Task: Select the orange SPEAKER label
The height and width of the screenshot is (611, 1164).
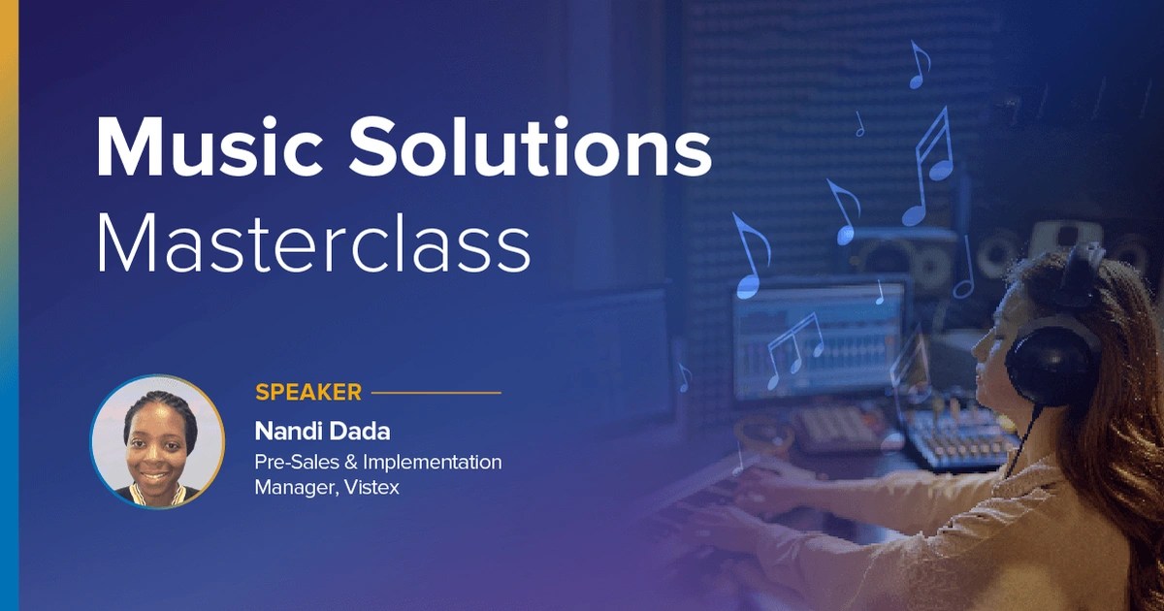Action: point(307,393)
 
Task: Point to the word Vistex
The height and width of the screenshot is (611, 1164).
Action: point(370,487)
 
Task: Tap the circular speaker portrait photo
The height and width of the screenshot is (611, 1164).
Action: point(157,442)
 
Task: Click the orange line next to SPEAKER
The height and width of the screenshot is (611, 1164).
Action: point(436,393)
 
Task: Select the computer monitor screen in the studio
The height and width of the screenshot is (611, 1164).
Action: point(820,339)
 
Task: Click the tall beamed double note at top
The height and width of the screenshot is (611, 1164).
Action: point(929,165)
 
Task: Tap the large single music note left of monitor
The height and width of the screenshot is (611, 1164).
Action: point(750,257)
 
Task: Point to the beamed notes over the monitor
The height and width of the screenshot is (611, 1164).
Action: point(795,344)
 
